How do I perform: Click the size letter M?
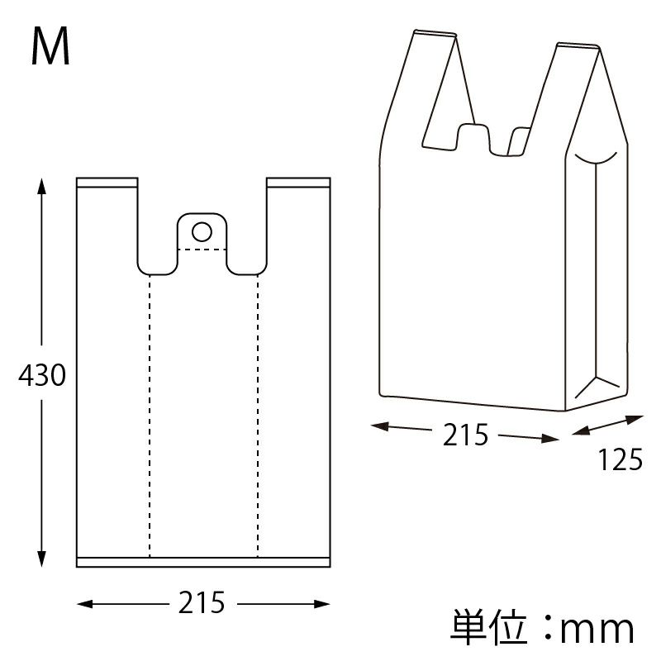(50, 47)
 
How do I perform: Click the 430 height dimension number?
(41, 377)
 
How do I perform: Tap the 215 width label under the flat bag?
(202, 604)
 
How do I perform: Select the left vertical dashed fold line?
(150, 413)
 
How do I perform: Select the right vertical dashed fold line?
(258, 413)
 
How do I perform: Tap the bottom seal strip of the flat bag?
(203, 563)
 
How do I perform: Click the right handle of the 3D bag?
(570, 91)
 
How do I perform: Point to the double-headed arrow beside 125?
(607, 427)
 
